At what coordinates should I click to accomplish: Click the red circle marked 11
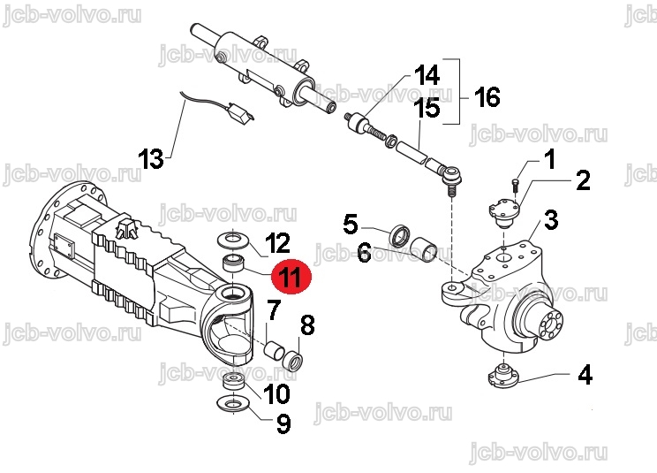click(291, 277)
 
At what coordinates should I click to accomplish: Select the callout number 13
click(151, 158)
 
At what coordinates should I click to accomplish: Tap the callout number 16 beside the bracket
click(487, 97)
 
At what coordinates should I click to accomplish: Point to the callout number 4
click(585, 375)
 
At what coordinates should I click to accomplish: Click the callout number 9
click(283, 423)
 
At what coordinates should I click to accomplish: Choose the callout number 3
click(551, 220)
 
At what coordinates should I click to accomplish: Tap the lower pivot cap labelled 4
click(503, 376)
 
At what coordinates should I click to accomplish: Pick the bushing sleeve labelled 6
click(424, 249)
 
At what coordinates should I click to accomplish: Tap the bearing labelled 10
click(234, 383)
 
